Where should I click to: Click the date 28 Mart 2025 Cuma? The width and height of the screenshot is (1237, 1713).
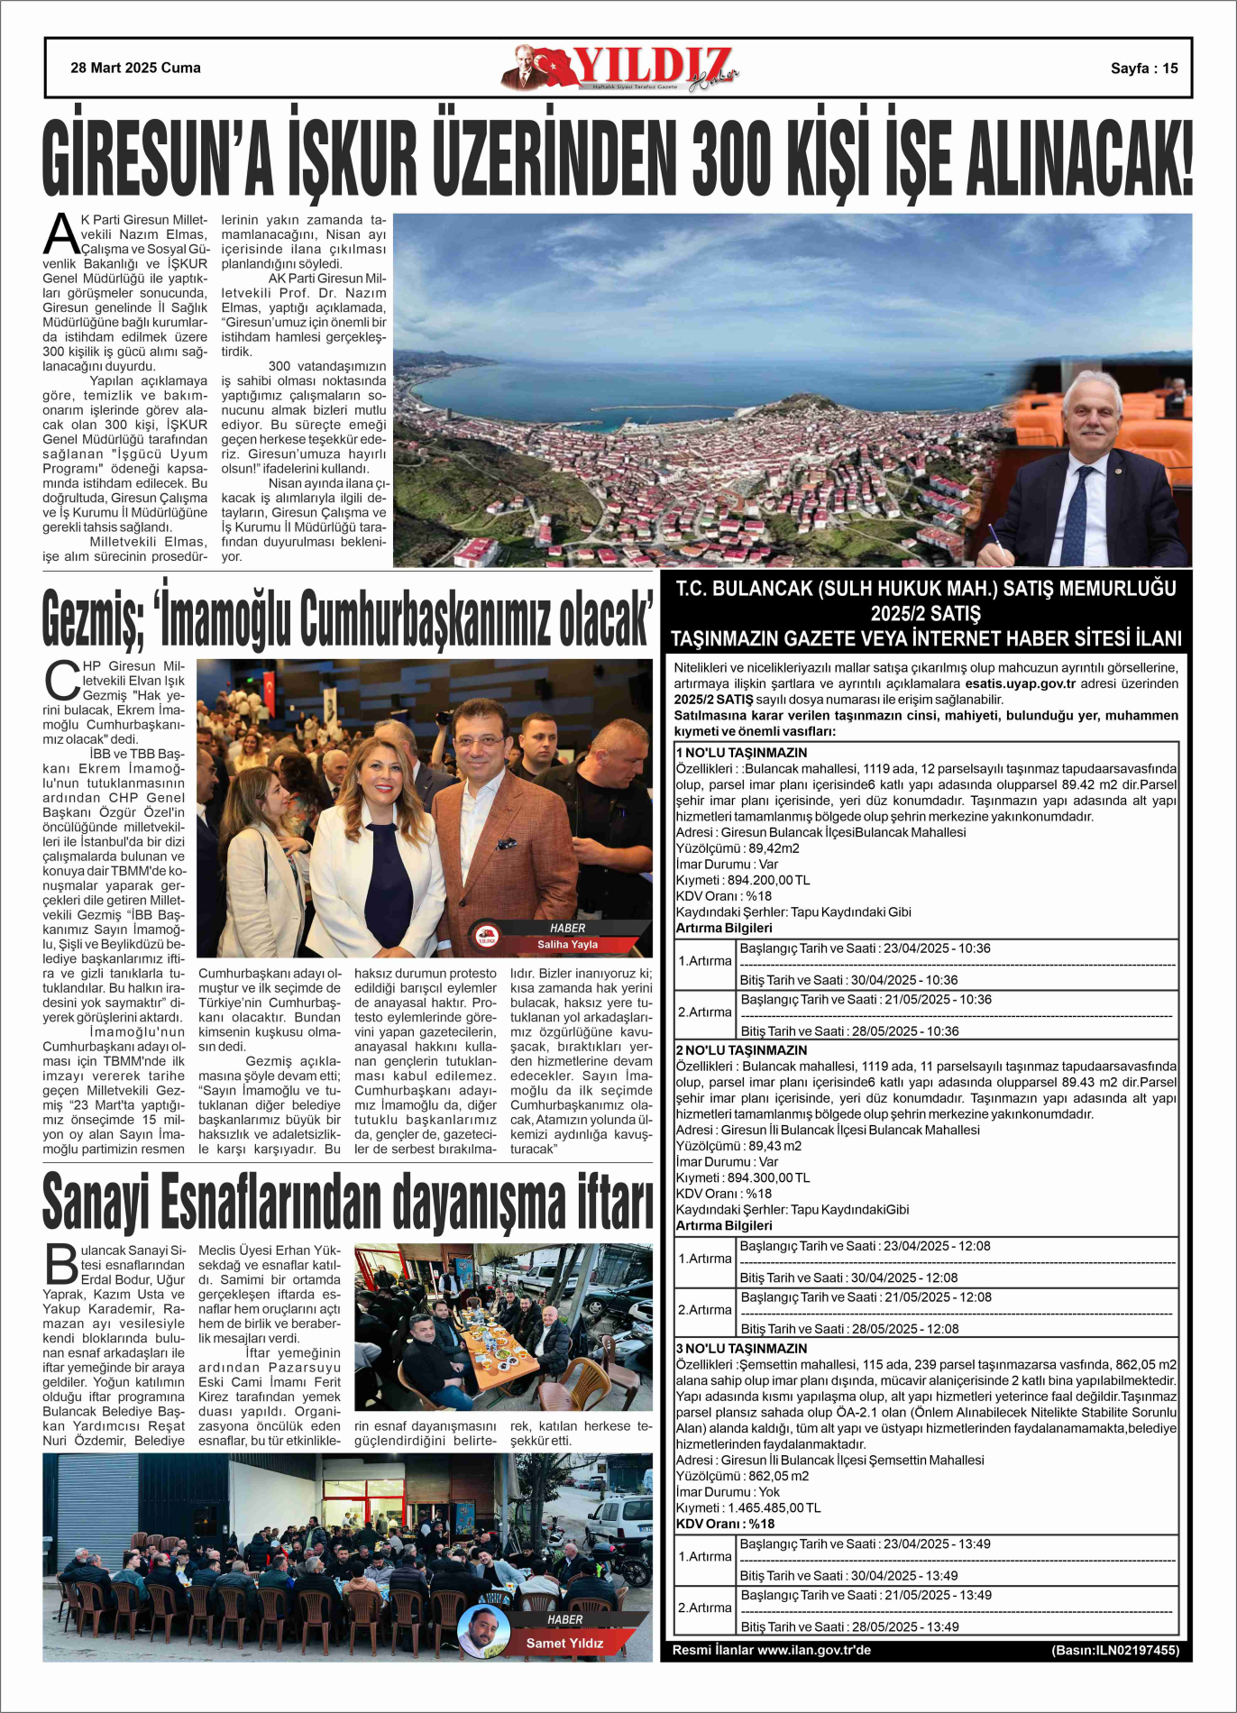(135, 68)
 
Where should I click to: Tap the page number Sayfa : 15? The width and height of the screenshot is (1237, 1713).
(1143, 69)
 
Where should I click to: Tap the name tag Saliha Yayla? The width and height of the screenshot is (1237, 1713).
(567, 944)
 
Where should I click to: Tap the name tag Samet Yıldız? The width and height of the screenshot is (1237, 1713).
(564, 1643)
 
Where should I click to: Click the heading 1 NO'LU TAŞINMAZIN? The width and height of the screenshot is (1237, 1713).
(741, 753)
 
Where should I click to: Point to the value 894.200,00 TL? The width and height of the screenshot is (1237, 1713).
(768, 880)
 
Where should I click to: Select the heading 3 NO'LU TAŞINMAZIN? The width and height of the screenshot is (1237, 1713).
(741, 1348)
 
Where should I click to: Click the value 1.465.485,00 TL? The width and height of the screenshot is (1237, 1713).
(774, 1507)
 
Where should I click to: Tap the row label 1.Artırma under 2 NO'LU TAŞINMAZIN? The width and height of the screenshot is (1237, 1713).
(704, 1259)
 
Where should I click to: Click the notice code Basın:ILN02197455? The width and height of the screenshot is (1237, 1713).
(1114, 1650)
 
